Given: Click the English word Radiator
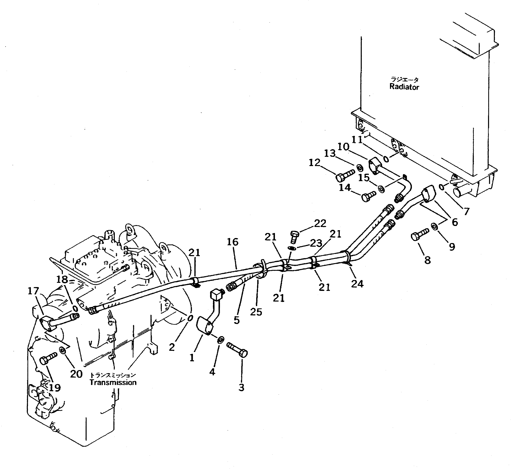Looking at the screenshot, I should tap(404, 87).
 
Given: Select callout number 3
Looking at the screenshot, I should tap(241, 388).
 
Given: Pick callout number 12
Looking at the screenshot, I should tap(314, 163).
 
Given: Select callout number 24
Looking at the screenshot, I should tap(357, 283).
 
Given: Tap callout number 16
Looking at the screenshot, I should tap(232, 242).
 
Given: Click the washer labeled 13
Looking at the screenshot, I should tap(359, 168).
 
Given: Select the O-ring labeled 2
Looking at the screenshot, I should tap(190, 318).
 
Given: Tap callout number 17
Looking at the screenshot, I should tap(33, 291).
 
